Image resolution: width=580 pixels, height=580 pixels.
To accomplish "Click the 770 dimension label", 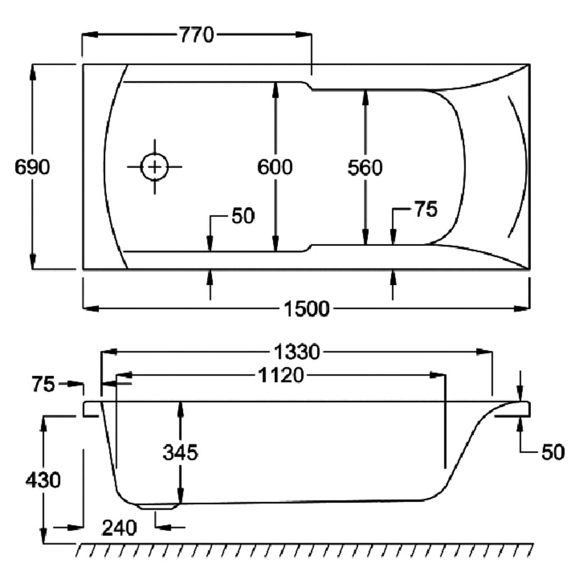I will click(x=196, y=35).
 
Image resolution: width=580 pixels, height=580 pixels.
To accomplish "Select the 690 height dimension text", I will click(x=33, y=167).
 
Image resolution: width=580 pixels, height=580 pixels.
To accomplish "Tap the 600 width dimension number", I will click(x=275, y=167).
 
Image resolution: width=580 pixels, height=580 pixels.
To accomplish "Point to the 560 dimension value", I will click(x=365, y=168).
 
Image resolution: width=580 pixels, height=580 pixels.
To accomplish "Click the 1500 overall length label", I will click(x=306, y=309).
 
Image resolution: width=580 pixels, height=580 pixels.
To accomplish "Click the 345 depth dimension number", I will click(x=181, y=452).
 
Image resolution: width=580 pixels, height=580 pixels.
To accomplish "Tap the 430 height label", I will click(x=42, y=480).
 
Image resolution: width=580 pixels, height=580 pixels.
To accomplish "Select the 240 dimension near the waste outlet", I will click(x=119, y=527).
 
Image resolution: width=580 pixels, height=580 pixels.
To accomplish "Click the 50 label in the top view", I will click(x=242, y=216).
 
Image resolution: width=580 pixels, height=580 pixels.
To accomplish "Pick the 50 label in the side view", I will click(x=552, y=453).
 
